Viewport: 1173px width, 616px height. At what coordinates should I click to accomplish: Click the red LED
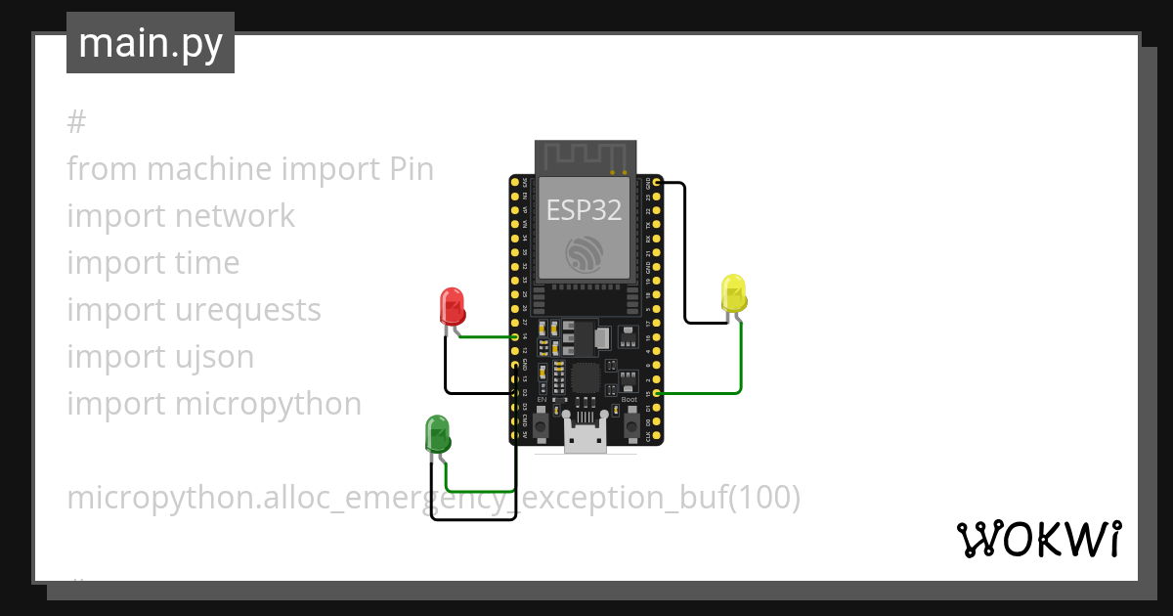[452, 306]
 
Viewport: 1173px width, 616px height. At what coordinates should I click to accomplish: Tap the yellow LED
[733, 293]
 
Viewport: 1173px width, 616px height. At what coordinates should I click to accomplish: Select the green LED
[437, 433]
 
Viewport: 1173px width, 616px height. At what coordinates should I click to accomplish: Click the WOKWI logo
[1037, 539]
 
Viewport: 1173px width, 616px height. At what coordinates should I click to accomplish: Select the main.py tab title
[151, 44]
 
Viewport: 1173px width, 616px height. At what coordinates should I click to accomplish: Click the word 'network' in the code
[235, 216]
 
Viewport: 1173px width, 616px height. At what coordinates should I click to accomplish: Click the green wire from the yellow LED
[741, 362]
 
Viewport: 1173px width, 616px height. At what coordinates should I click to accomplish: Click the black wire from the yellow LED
[685, 254]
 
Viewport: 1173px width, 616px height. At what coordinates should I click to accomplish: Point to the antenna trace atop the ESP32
[586, 154]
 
